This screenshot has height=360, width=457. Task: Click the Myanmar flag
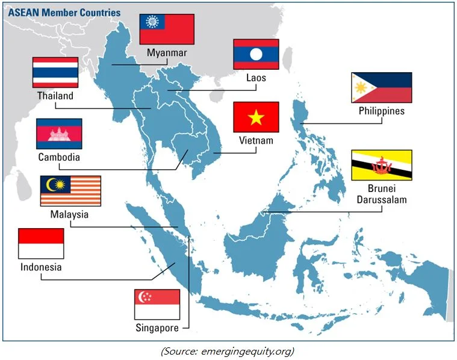pyautogui.click(x=167, y=29)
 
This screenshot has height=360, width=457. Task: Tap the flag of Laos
pyautogui.click(x=256, y=54)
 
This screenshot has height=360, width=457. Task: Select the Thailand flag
pyautogui.click(x=55, y=72)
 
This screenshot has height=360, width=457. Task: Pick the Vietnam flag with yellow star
pyautogui.click(x=256, y=117)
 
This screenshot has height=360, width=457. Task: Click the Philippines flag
pyautogui.click(x=381, y=88)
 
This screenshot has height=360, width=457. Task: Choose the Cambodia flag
pyautogui.click(x=59, y=134)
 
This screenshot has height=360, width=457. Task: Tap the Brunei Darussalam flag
pyautogui.click(x=381, y=164)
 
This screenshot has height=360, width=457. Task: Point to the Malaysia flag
pyautogui.click(x=70, y=191)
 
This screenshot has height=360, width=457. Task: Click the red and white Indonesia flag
pyautogui.click(x=41, y=243)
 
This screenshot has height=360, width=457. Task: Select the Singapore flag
pyautogui.click(x=157, y=305)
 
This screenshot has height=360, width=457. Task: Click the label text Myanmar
pyautogui.click(x=167, y=53)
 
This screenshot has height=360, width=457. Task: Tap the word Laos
pyautogui.click(x=256, y=78)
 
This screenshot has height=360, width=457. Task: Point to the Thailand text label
pyautogui.click(x=55, y=96)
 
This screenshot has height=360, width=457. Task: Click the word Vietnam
pyautogui.click(x=256, y=140)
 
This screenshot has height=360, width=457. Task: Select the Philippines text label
pyautogui.click(x=382, y=111)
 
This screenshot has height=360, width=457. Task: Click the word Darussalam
pyautogui.click(x=381, y=199)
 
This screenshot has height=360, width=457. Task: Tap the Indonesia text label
pyautogui.click(x=41, y=267)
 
